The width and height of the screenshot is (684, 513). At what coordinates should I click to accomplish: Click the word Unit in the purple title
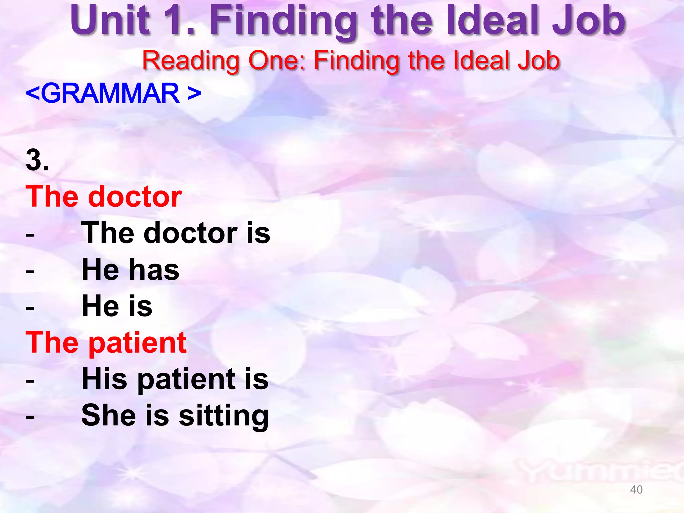coord(110,21)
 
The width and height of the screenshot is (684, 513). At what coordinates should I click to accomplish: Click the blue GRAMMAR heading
coord(114,93)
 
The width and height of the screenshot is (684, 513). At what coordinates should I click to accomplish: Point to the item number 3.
coord(37,160)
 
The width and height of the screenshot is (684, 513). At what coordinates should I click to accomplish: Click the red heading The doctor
coord(104,197)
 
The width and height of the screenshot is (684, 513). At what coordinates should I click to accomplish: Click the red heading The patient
coord(106,343)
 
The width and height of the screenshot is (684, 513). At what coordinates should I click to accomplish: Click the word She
coord(109,415)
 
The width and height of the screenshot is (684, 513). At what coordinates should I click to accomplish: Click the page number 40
coord(636,490)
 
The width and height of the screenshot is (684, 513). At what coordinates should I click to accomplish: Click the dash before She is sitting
coord(30,417)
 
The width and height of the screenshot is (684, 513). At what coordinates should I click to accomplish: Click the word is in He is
coord(141,306)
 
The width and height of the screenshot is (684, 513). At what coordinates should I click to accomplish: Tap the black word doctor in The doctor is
coord(190,233)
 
